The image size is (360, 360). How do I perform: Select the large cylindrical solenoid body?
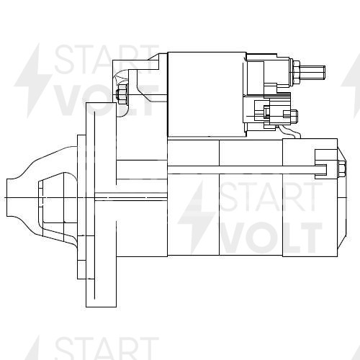tap(205, 94)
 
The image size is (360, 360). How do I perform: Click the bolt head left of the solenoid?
tap(122, 94)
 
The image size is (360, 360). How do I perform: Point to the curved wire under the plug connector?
tap(288, 130)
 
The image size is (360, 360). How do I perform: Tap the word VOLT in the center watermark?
tap(269, 237)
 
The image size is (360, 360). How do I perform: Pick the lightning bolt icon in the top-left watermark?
tap(36, 79)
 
